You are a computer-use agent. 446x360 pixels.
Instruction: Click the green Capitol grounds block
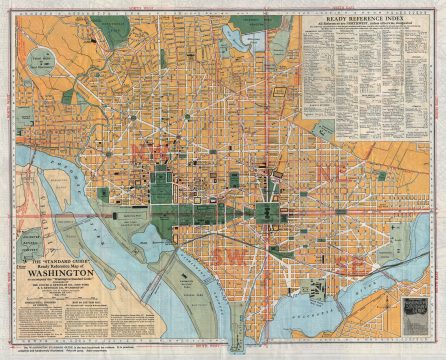pos(269,213)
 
